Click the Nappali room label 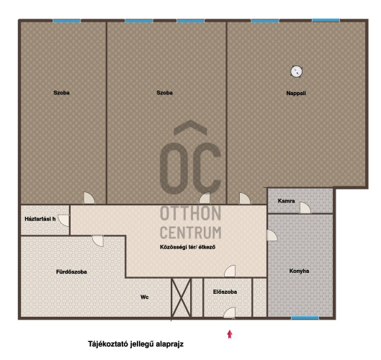pyautogui.click(x=296, y=94)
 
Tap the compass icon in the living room pyautogui.click(x=297, y=72)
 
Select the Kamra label pyautogui.click(x=286, y=201)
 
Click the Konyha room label pyautogui.click(x=299, y=271)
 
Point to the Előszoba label pyautogui.click(x=225, y=292)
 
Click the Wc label pyautogui.click(x=144, y=297)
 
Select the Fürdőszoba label pyautogui.click(x=71, y=272)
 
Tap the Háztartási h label pyautogui.click(x=40, y=219)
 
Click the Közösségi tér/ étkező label pyautogui.click(x=187, y=247)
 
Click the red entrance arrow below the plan pyautogui.click(x=230, y=334)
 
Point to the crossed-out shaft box pyautogui.click(x=181, y=297)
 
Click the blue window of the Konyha pyautogui.click(x=305, y=318)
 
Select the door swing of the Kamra pyautogui.click(x=305, y=208)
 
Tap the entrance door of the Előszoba pyautogui.click(x=229, y=313)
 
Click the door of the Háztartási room pyautogui.click(x=64, y=220)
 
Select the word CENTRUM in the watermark pyautogui.click(x=190, y=233)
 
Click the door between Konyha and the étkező pyautogui.click(x=272, y=235)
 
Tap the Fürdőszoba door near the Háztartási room pyautogui.click(x=98, y=240)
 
